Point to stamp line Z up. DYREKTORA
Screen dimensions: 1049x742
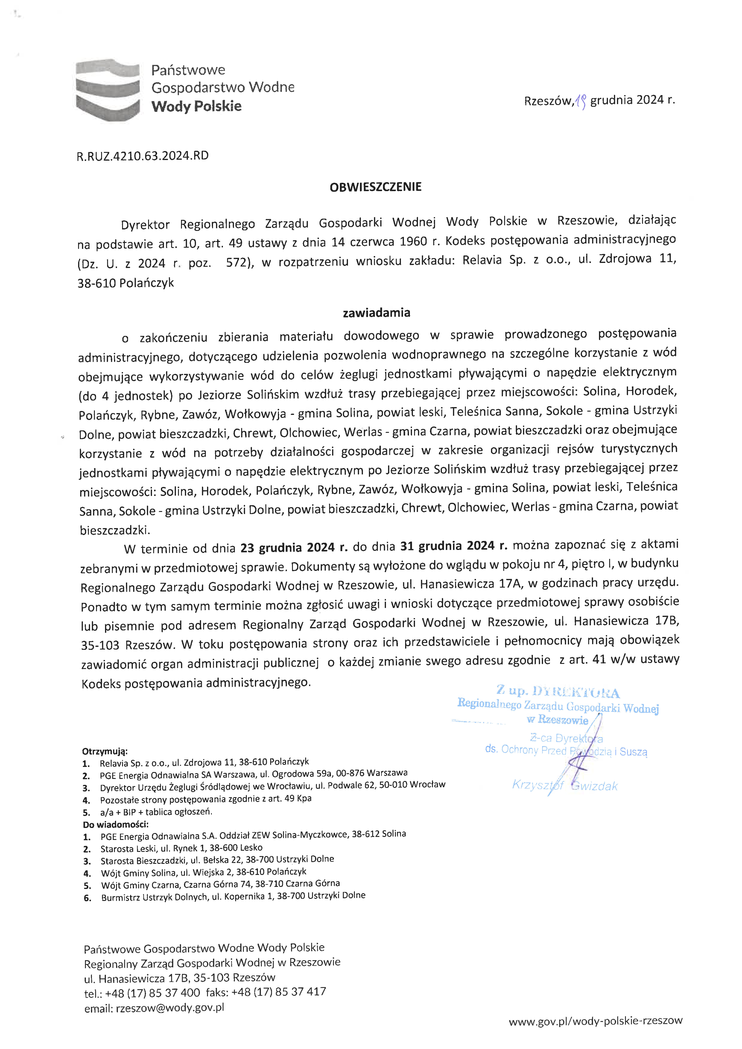558,692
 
